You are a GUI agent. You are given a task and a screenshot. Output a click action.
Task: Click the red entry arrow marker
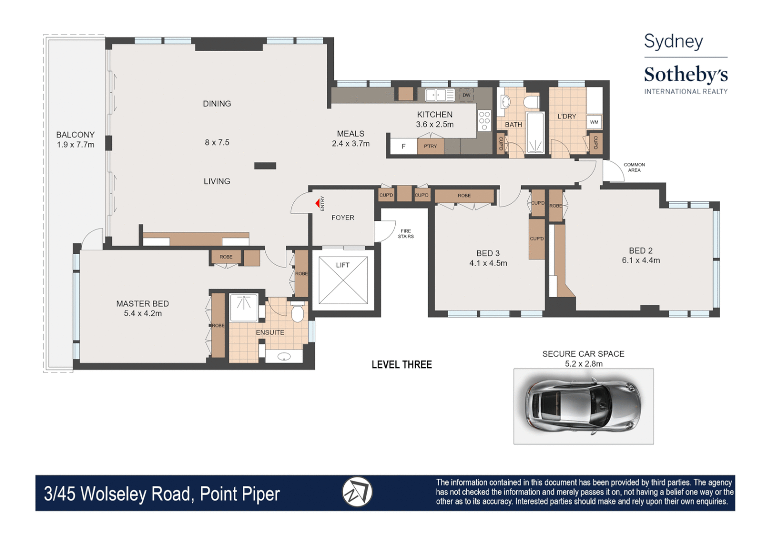(317, 203)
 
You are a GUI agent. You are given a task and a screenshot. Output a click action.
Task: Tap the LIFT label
(343, 265)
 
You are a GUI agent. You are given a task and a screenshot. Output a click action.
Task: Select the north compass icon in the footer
(357, 492)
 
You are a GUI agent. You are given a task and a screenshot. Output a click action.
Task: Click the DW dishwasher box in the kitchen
(466, 95)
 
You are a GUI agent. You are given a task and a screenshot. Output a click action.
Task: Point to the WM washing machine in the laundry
(594, 122)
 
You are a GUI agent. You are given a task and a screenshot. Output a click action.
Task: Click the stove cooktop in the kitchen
(484, 120)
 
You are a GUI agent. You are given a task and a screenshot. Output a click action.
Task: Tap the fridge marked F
(404, 146)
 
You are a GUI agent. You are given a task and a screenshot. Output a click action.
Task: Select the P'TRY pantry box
(430, 146)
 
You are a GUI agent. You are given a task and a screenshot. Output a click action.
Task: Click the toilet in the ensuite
(297, 312)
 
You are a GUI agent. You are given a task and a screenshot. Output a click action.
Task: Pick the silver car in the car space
(583, 405)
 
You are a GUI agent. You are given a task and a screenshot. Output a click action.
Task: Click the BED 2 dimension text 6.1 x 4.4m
(641, 260)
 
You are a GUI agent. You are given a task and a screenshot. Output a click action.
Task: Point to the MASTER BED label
(142, 303)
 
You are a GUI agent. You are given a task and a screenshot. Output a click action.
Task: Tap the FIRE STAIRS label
(406, 234)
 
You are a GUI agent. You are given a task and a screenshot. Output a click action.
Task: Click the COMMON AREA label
(634, 167)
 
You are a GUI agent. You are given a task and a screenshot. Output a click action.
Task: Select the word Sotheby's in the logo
(686, 74)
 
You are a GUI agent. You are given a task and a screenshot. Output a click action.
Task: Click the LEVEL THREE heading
(401, 365)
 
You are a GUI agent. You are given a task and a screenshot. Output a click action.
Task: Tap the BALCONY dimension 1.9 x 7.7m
(75, 145)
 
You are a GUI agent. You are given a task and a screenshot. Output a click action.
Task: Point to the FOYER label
(343, 218)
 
